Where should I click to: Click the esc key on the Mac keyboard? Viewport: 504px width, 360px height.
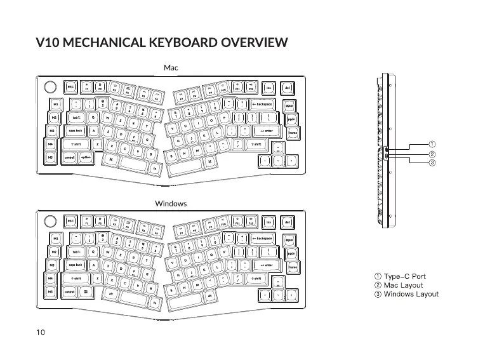(x=71, y=88)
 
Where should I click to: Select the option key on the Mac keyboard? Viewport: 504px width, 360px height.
(x=86, y=158)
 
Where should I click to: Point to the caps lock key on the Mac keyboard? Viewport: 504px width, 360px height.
(x=76, y=131)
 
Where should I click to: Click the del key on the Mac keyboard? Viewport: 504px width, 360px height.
(x=287, y=88)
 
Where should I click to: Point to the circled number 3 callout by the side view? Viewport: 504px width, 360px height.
(x=432, y=163)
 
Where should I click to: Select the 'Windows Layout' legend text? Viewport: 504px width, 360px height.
(x=411, y=294)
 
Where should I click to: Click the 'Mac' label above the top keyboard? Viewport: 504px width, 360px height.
(x=171, y=67)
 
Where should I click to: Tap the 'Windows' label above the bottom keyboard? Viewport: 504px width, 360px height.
(x=171, y=203)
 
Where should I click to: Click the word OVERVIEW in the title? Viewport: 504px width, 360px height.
(x=255, y=43)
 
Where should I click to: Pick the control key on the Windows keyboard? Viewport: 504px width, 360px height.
(x=69, y=291)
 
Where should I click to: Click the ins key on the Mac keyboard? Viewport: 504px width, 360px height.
(x=269, y=88)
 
